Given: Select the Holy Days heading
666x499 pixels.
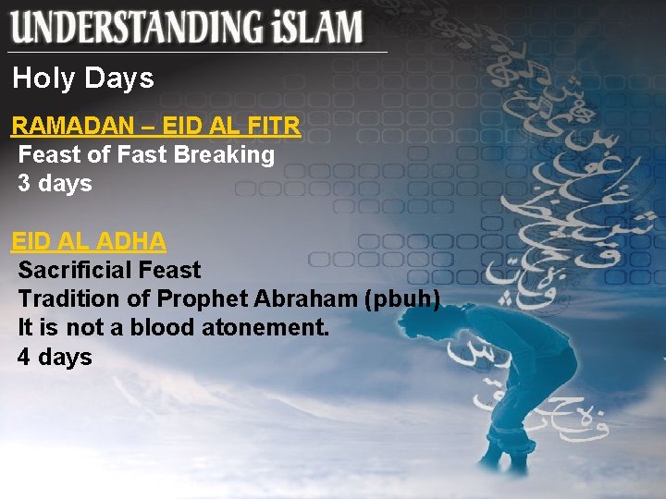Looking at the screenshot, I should point(82,79).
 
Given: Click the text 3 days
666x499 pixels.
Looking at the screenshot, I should point(55,183).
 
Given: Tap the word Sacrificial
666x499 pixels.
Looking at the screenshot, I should point(74,270).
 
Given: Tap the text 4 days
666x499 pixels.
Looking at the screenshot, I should point(55,356).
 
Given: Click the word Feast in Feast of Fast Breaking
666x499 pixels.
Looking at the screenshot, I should point(49,154).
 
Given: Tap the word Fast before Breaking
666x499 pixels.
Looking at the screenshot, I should point(141,154).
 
